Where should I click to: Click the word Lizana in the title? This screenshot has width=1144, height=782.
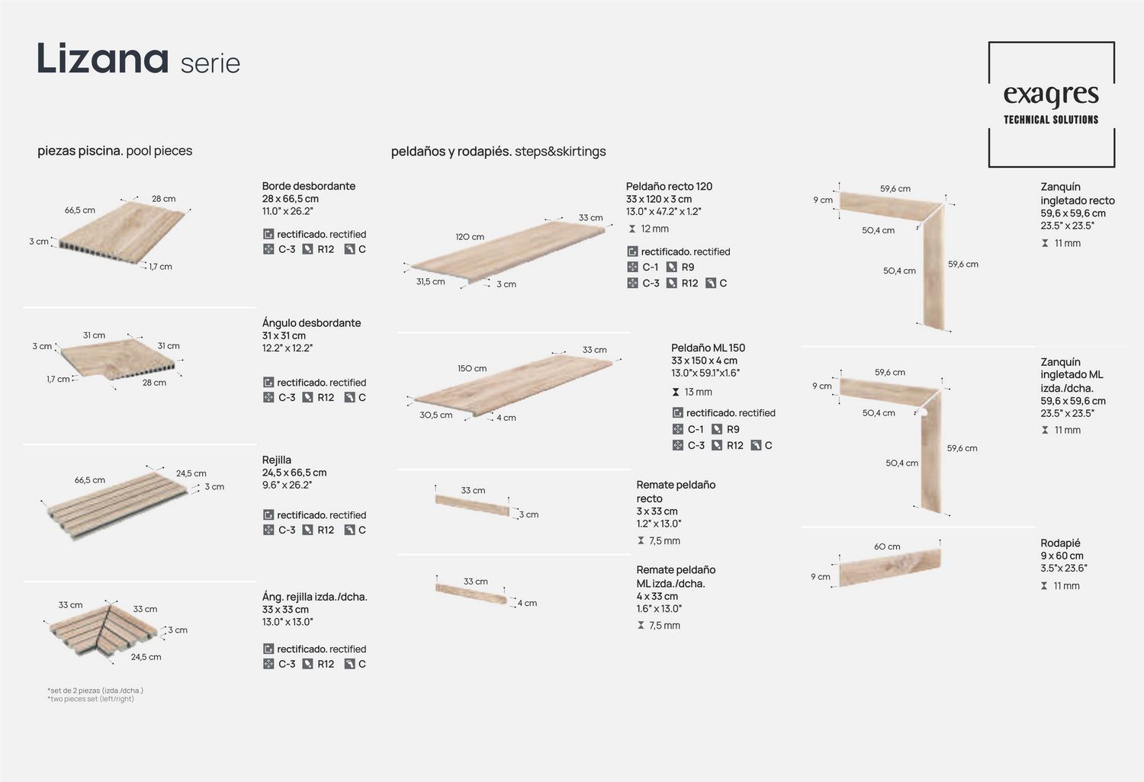103,58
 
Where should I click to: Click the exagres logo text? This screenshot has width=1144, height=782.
1051,95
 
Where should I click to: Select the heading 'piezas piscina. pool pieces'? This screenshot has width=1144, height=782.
115,151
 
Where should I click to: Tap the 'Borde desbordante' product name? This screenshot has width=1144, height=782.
308,186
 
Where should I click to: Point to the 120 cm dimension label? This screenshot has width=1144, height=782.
470,237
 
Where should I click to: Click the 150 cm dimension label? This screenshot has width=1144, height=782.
472,368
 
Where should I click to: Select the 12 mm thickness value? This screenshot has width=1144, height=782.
654,229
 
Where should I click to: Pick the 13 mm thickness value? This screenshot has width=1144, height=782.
698,392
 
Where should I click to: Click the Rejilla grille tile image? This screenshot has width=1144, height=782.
117,505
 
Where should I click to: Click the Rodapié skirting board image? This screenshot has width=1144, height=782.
890,567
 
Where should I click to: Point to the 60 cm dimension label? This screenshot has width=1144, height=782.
887,546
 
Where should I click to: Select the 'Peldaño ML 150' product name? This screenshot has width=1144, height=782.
708,348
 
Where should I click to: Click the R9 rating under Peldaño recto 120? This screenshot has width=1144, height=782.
688,267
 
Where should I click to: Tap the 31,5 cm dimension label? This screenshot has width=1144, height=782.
431,281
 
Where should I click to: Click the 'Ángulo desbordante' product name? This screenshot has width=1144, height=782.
311,322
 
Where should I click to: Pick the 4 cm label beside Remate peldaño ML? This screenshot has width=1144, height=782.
527,603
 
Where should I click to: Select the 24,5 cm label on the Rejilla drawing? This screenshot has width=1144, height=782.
191,473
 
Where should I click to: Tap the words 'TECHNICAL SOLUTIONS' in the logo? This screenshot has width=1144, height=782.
1051,120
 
